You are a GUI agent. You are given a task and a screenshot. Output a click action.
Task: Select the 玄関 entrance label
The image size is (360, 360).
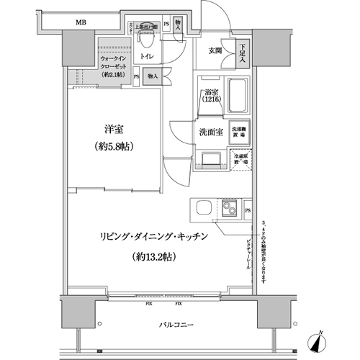point(215,50)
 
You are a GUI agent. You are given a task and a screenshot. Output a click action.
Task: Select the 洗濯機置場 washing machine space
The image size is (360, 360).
point(238,132)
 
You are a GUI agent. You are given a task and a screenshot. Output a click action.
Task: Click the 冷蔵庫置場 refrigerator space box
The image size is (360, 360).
point(238,159)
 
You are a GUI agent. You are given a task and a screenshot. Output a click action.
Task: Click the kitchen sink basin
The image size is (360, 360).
point(202,210)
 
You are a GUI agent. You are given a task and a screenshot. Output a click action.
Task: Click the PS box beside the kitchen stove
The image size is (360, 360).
point(248,210)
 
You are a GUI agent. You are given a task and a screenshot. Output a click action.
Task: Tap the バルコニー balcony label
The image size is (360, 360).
point(176,326)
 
